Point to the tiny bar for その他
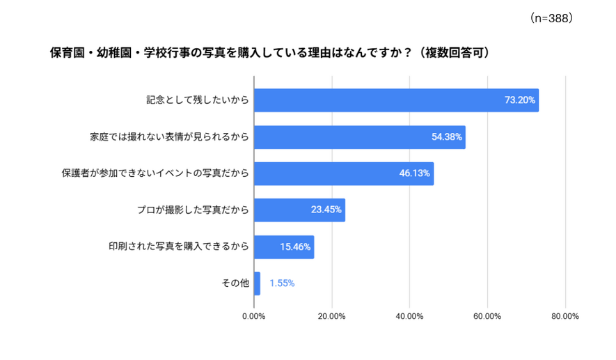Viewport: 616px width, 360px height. click(x=257, y=283)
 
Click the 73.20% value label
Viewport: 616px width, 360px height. click(x=520, y=100)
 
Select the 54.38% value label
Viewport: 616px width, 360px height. click(x=447, y=137)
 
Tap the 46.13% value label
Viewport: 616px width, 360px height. click(x=415, y=173)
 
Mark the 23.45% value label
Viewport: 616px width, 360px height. click(x=326, y=210)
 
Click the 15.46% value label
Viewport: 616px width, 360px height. click(x=295, y=246)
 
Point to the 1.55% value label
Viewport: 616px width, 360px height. click(x=282, y=283)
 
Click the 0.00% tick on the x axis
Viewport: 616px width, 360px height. click(x=254, y=316)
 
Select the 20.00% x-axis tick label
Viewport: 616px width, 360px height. click(x=332, y=316)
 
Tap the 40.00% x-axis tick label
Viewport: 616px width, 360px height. click(x=410, y=316)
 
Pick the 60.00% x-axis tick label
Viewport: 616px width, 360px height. click(x=487, y=316)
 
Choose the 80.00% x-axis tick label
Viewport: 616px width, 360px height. click(x=565, y=316)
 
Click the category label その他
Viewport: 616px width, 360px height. click(x=235, y=283)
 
